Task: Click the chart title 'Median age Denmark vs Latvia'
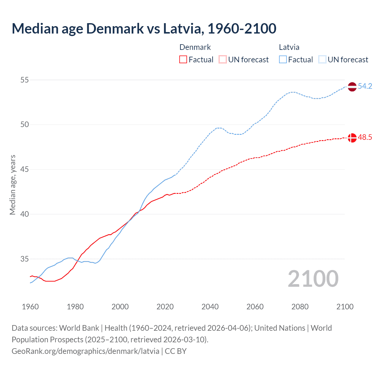tap(144, 28)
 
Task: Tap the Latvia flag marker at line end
tap(352, 87)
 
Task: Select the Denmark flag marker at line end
tap(352, 138)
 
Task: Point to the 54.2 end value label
tap(365, 86)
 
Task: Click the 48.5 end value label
tap(365, 137)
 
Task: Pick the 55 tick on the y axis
tap(25, 80)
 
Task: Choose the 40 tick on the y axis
tap(25, 214)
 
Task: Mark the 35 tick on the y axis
tap(25, 259)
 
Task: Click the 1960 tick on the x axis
tap(30, 307)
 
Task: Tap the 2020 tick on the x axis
tap(165, 307)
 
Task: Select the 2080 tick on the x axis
tap(300, 307)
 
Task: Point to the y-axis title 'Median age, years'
tap(12, 185)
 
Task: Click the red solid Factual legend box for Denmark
tap(183, 60)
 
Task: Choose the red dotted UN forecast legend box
tap(223, 60)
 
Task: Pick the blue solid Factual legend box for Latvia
tap(283, 60)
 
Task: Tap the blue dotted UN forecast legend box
tap(322, 60)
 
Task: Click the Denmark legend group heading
tap(195, 47)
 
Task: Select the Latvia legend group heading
tap(289, 47)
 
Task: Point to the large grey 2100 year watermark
tap(313, 279)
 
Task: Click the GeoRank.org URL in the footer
tap(85, 351)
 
